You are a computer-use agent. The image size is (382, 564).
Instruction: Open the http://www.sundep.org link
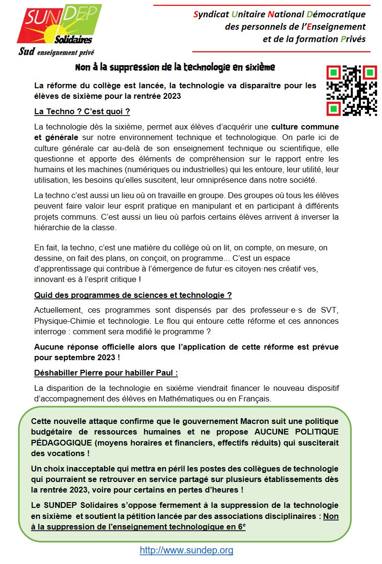(x=186, y=550)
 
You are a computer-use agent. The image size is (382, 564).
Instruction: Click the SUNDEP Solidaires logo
(x=59, y=24)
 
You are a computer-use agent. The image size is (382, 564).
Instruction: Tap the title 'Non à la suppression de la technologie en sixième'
(x=175, y=67)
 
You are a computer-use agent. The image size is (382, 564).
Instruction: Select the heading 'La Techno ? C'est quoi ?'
(x=82, y=112)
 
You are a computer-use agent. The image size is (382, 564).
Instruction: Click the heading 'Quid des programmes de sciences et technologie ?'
(x=133, y=295)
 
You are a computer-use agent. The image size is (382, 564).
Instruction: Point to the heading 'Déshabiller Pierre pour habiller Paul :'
(x=106, y=373)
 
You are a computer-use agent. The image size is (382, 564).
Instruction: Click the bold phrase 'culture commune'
(x=305, y=127)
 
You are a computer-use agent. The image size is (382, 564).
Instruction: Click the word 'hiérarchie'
(x=55, y=227)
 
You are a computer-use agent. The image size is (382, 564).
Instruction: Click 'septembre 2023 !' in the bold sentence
(x=84, y=357)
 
